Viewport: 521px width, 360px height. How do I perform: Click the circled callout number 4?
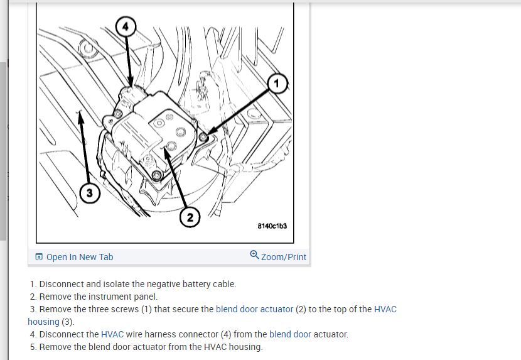pyautogui.click(x=126, y=26)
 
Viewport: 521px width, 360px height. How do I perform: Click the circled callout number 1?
pyautogui.click(x=277, y=83)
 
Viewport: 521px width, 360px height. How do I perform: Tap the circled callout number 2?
pyautogui.click(x=190, y=217)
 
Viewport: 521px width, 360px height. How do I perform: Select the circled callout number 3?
pyautogui.click(x=90, y=193)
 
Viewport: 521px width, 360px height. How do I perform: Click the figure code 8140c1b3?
pyautogui.click(x=272, y=226)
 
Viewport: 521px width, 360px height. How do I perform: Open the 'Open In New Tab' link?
pyautogui.click(x=80, y=257)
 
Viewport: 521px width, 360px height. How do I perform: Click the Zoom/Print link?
pyautogui.click(x=284, y=257)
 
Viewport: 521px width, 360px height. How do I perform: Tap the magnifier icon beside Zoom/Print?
pyautogui.click(x=254, y=255)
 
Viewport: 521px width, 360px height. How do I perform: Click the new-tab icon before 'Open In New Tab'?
pyautogui.click(x=39, y=256)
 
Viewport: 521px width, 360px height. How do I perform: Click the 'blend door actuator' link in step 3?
pyautogui.click(x=254, y=309)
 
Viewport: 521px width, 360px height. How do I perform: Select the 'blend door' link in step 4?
pyautogui.click(x=290, y=334)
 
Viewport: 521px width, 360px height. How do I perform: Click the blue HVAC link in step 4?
pyautogui.click(x=112, y=334)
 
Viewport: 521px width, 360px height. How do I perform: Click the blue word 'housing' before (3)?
pyautogui.click(x=43, y=322)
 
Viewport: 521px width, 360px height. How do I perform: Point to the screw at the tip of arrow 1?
pyautogui.click(x=203, y=136)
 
